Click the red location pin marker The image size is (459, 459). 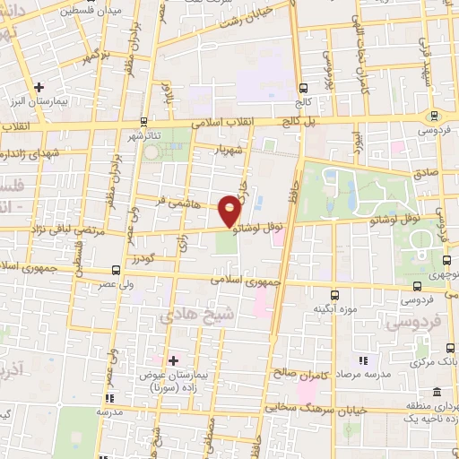[230, 210]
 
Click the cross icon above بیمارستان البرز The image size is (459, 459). [39, 88]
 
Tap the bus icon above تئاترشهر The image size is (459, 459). [143, 121]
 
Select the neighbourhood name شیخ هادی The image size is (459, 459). [189, 316]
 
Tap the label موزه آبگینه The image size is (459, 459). [334, 309]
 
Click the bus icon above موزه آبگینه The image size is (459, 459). [334, 294]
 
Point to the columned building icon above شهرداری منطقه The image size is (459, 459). [437, 392]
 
